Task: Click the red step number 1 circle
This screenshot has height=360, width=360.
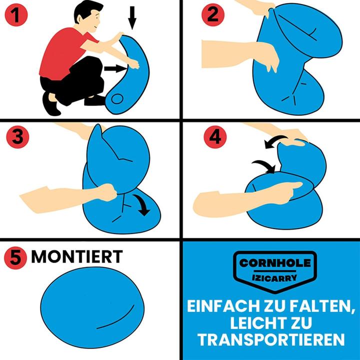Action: click(x=16, y=14)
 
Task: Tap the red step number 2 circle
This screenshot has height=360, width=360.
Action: click(x=213, y=14)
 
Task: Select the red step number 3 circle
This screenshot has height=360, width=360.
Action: click(x=17, y=137)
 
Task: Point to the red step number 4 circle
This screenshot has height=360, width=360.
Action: click(x=215, y=137)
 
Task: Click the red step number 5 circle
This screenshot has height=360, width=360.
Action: click(x=15, y=258)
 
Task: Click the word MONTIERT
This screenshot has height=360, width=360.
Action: click(x=77, y=256)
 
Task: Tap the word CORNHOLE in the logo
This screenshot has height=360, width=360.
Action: click(x=275, y=263)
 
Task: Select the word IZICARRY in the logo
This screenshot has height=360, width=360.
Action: click(x=274, y=278)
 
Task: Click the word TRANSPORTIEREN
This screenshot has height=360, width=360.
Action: click(x=271, y=339)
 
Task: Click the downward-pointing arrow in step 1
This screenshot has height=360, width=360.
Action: click(x=132, y=18)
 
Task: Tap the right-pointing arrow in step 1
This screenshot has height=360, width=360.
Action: click(x=115, y=68)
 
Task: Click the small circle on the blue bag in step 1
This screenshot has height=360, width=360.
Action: click(x=117, y=98)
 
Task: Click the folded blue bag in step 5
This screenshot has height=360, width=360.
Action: click(x=92, y=307)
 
